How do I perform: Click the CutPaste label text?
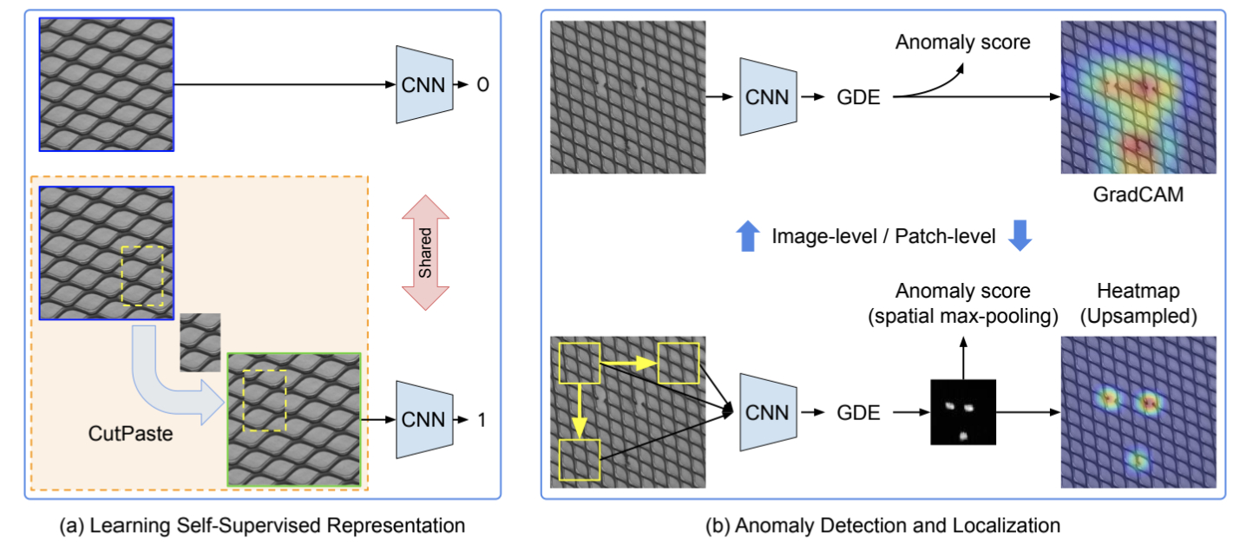click(x=131, y=431)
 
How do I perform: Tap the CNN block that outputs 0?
click(x=424, y=84)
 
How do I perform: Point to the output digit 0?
click(x=483, y=85)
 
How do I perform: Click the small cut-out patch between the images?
click(x=200, y=342)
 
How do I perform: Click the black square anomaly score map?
click(x=963, y=412)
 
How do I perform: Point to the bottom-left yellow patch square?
click(x=581, y=460)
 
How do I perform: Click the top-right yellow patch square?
click(x=679, y=364)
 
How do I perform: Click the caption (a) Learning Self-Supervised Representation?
click(x=262, y=525)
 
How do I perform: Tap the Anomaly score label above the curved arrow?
click(x=962, y=41)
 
